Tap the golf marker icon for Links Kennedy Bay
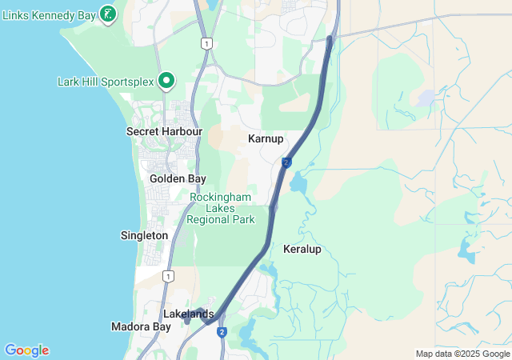pos(108,14)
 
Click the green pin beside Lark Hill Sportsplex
pos(166,80)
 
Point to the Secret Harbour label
pos(164,131)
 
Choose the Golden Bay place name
pos(178,178)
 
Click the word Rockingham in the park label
pos(221,198)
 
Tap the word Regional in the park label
pos(221,219)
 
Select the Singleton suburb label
pos(144,235)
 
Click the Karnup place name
pos(266,138)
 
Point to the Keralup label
pos(302,249)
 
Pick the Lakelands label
pos(188,314)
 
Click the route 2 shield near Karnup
pos(286,162)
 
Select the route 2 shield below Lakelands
pos(222,332)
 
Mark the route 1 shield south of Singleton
pos(167,276)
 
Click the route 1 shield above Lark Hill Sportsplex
pos(207,43)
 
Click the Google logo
pos(26,350)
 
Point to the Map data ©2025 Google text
pos(462,354)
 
